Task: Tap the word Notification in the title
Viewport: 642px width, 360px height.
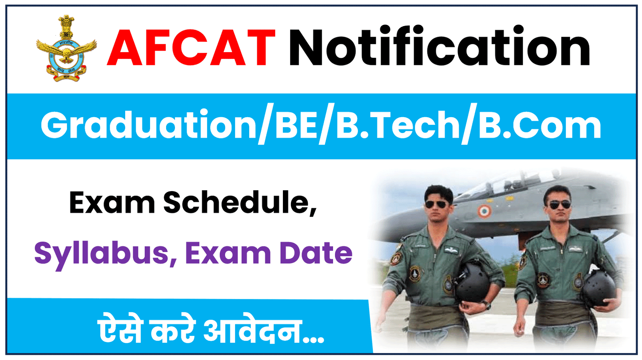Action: pyautogui.click(x=439, y=47)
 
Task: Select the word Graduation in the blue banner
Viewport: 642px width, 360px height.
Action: pyautogui.click(x=148, y=126)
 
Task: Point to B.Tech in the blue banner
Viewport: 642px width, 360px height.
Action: pyautogui.click(x=398, y=126)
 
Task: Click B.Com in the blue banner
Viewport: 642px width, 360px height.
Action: pyautogui.click(x=540, y=126)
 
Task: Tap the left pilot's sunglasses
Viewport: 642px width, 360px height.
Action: pyautogui.click(x=437, y=205)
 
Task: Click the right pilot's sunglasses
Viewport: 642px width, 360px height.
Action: pyautogui.click(x=560, y=205)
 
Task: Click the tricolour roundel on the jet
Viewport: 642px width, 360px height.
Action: pyautogui.click(x=485, y=211)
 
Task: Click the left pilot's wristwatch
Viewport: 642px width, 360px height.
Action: pyautogui.click(x=486, y=305)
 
